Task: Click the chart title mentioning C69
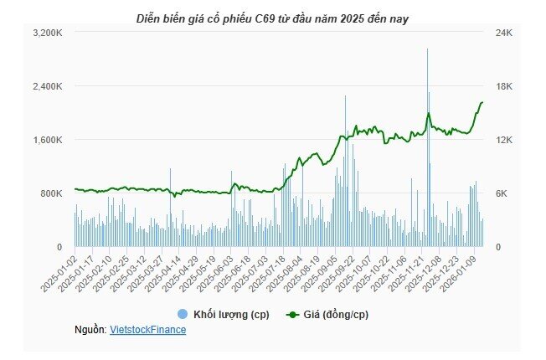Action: [272, 17]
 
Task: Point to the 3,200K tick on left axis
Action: [46, 33]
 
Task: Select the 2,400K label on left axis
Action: [46, 86]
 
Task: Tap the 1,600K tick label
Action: [46, 140]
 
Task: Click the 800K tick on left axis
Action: [49, 193]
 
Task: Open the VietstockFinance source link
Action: [148, 330]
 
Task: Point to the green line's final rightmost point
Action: [483, 102]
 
